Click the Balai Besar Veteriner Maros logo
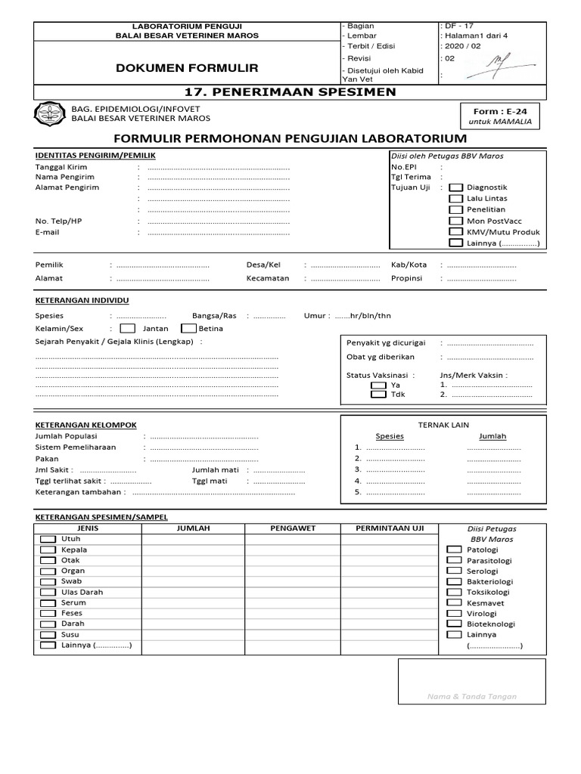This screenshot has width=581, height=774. (x=49, y=113)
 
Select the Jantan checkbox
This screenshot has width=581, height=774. (x=128, y=329)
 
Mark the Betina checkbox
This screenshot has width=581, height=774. (x=188, y=329)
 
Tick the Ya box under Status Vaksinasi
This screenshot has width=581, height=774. (x=377, y=385)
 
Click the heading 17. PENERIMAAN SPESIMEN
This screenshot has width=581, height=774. (x=290, y=92)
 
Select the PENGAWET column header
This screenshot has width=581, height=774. (x=292, y=528)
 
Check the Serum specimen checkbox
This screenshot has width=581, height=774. (x=48, y=603)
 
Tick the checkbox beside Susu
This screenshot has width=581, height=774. (x=48, y=635)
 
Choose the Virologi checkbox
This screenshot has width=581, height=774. (x=454, y=614)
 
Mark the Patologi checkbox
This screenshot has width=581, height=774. (x=454, y=550)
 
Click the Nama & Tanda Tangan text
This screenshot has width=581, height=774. (x=471, y=696)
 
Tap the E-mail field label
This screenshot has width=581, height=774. (x=47, y=232)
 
